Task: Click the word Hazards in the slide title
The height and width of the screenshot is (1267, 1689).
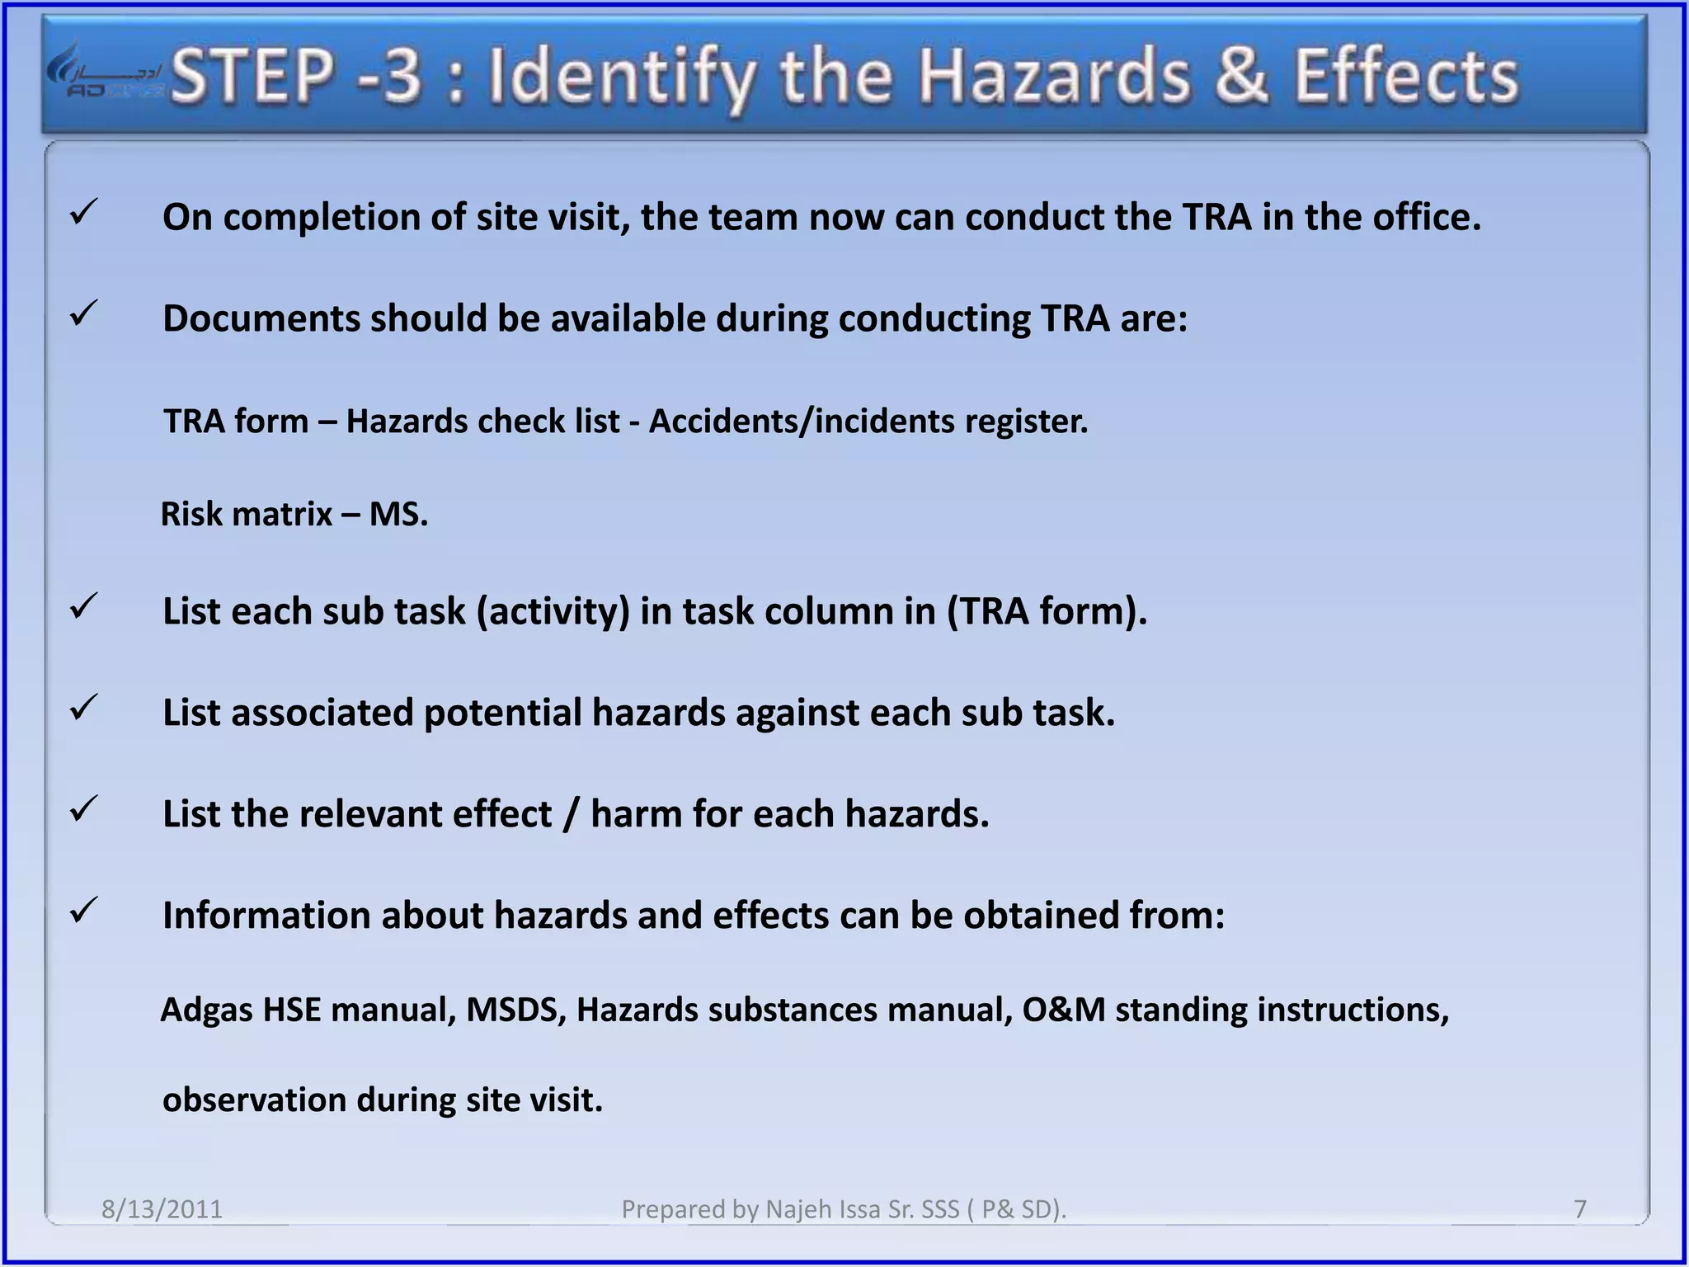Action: (1055, 77)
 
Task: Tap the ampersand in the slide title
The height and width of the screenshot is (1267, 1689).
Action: (1241, 76)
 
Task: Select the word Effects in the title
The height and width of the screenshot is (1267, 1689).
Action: (1405, 76)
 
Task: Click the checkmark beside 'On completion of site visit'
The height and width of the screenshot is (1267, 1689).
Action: (84, 212)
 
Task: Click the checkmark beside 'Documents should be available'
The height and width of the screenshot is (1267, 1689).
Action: (84, 313)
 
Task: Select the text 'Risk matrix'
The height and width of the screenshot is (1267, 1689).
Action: (246, 515)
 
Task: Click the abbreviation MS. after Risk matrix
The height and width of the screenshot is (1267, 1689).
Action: (398, 515)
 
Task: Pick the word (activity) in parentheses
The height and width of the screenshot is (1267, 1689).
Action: (553, 612)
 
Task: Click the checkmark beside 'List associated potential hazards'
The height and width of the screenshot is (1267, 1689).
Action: (84, 708)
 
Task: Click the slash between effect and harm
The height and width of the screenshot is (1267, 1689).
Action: (571, 815)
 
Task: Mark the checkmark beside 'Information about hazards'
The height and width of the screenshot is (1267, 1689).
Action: (84, 911)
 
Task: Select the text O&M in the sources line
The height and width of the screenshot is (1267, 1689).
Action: (1063, 1010)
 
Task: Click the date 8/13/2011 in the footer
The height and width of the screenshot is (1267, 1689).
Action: (162, 1209)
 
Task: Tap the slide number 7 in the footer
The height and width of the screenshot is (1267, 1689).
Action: (1579, 1209)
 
